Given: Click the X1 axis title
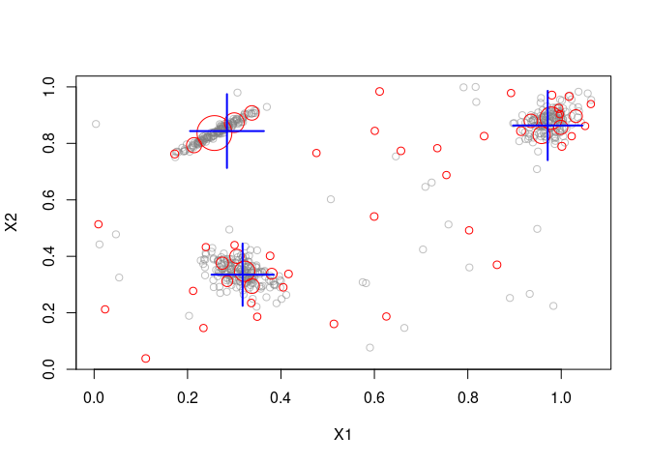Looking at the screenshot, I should tap(342, 435).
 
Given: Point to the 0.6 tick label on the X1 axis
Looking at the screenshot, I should tap(374, 396).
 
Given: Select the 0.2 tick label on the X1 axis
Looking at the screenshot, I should tap(187, 396).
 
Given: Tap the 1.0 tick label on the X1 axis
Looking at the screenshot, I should tap(561, 396).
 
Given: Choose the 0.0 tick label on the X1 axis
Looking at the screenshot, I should tap(94, 396).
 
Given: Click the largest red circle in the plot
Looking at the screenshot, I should tap(215, 133).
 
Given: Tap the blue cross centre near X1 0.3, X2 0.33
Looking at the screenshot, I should tap(243, 275).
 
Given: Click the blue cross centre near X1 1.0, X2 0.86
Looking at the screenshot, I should tap(547, 125).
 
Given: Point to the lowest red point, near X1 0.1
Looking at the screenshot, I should tap(145, 359).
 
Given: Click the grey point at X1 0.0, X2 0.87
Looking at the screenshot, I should tap(96, 124).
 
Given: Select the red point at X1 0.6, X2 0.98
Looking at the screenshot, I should tap(379, 92).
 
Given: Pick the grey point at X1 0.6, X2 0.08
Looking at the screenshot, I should tap(369, 348).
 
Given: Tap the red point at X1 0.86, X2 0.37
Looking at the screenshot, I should tap(497, 265).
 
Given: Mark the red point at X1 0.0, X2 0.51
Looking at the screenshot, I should tap(98, 224).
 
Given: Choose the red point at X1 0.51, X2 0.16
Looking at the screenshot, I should tap(334, 324).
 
